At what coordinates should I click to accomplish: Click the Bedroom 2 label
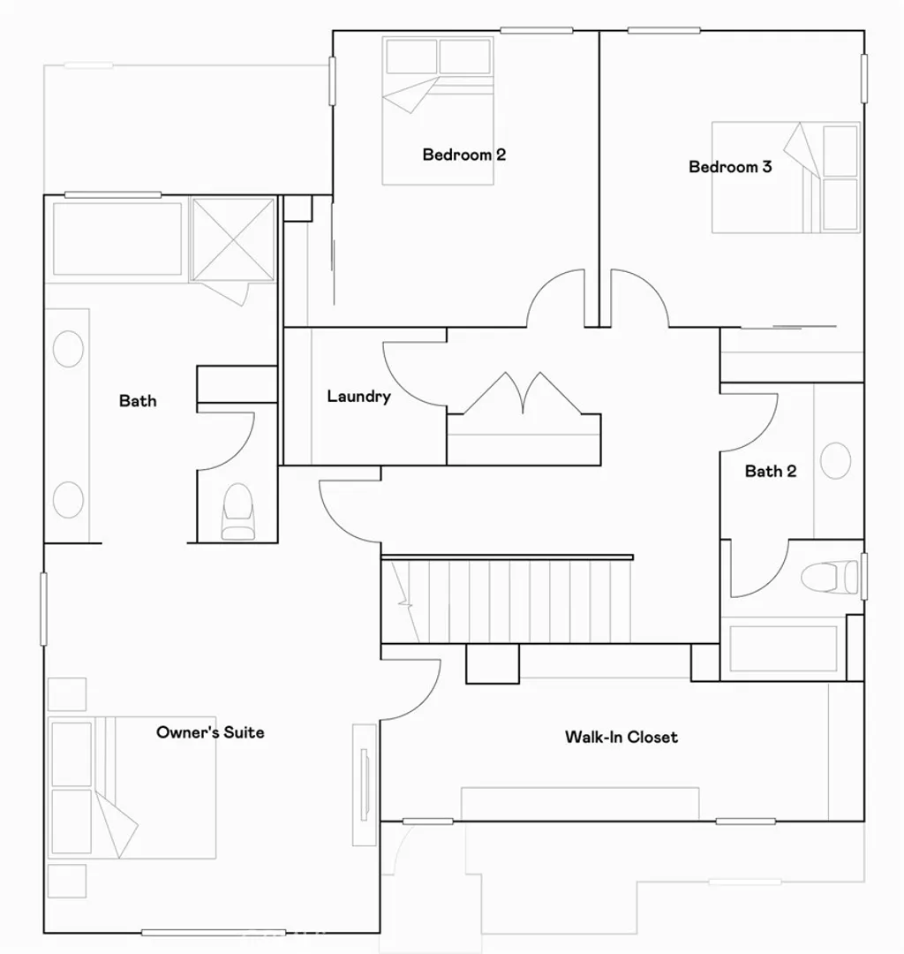[x=463, y=155]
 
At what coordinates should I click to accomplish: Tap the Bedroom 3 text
[x=730, y=167]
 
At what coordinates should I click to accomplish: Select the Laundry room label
[x=358, y=397]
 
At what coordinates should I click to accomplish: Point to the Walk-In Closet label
[x=621, y=737]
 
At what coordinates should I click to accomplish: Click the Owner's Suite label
[x=210, y=732]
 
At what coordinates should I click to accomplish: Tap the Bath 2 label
[x=770, y=472]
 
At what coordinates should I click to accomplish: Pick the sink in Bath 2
[x=835, y=461]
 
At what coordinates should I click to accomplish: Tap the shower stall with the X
[x=233, y=239]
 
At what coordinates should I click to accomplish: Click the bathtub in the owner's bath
[x=117, y=238]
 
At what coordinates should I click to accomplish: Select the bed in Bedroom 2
[x=437, y=110]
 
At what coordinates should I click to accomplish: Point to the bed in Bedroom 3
[x=786, y=178]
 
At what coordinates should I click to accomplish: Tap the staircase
[x=508, y=602]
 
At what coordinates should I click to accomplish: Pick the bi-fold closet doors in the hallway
[x=523, y=394]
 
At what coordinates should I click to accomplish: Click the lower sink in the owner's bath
[x=68, y=500]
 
